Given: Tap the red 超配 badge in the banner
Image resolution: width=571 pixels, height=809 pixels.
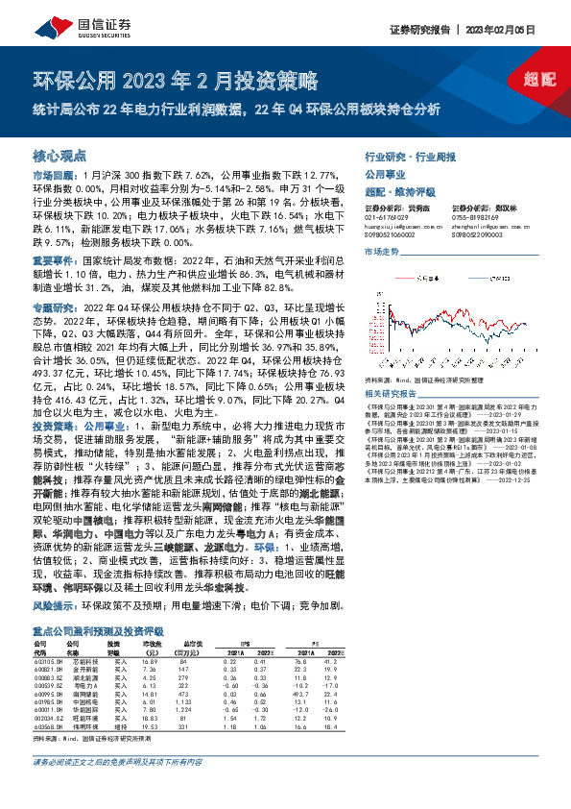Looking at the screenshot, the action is point(540,80).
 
